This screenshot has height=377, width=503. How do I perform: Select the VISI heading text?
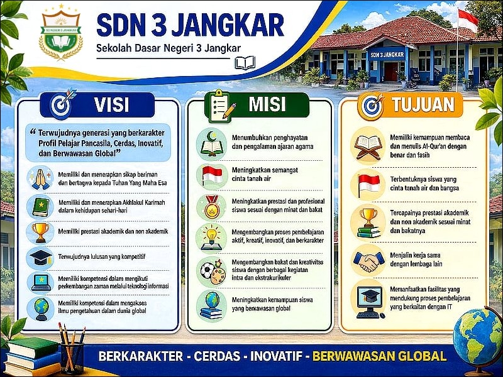[x=113, y=104]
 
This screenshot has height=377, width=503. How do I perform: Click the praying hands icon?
[x=39, y=178]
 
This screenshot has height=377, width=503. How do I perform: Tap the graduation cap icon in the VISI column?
[x=39, y=258]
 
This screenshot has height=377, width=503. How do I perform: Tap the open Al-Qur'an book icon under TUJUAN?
[x=368, y=145]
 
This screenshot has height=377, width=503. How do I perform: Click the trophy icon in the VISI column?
[x=39, y=231]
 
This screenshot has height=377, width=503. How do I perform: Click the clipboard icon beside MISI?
[x=219, y=104]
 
